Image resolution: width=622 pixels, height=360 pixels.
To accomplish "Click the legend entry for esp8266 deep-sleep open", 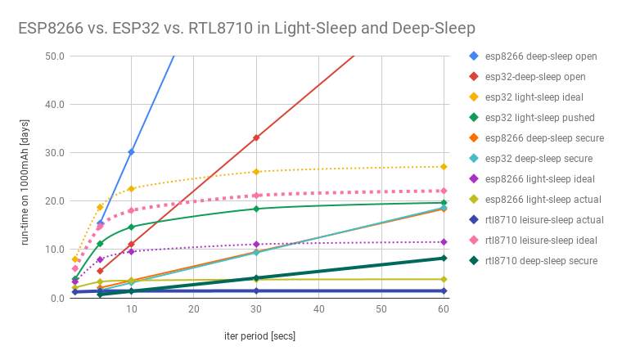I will tap(540, 56).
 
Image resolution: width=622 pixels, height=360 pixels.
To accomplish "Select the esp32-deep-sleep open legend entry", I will tap(535, 77).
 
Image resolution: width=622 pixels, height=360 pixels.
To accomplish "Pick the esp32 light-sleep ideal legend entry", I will tap(534, 97).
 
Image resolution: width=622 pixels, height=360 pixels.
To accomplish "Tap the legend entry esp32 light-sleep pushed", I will tap(539, 118).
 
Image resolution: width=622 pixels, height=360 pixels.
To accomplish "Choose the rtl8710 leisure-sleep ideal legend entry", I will tap(541, 241).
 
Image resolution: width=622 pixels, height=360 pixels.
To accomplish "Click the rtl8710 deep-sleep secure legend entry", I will tap(541, 261).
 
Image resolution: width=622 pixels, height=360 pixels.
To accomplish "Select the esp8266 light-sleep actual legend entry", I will tap(543, 200).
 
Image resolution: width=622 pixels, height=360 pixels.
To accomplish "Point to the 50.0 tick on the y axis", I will tap(56, 56).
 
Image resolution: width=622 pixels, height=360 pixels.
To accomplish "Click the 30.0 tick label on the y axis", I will tap(56, 153).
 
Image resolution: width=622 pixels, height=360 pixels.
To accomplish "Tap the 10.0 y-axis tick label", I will tap(56, 250).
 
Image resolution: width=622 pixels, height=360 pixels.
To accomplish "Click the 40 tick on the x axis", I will tap(318, 310).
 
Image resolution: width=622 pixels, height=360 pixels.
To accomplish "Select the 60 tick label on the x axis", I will tap(444, 310).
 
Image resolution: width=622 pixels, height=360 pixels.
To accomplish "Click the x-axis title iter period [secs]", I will tap(259, 336).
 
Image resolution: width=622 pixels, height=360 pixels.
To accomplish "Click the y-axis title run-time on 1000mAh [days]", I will tap(26, 178).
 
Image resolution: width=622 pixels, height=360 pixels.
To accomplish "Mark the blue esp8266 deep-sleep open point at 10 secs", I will tap(131, 152).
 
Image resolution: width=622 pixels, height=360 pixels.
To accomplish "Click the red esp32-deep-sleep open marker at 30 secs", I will tap(256, 137).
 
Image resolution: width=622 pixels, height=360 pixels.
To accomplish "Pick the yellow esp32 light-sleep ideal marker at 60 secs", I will tap(444, 167).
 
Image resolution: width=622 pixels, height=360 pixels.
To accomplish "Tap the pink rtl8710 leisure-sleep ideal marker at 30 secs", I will tap(256, 196).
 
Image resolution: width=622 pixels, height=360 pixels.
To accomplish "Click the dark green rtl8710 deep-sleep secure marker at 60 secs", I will tap(444, 258).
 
